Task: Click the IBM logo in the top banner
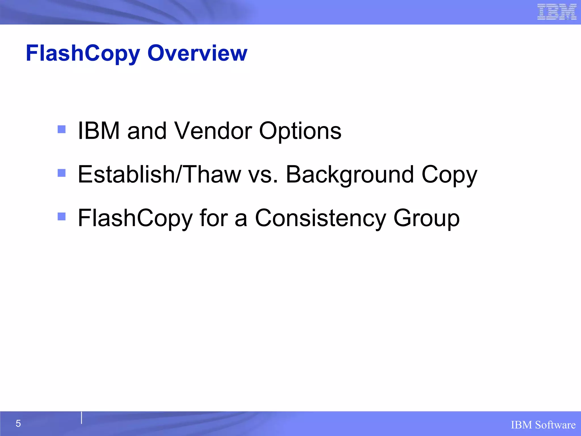tap(557, 12)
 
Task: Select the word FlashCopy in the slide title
tap(83, 54)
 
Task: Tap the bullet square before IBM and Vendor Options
tap(62, 129)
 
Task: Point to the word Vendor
tap(213, 131)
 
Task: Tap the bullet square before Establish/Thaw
tap(62, 173)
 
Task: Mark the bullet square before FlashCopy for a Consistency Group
tap(62, 217)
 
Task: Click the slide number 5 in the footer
tap(18, 424)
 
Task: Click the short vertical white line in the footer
tap(81, 418)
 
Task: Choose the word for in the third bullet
tap(214, 218)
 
